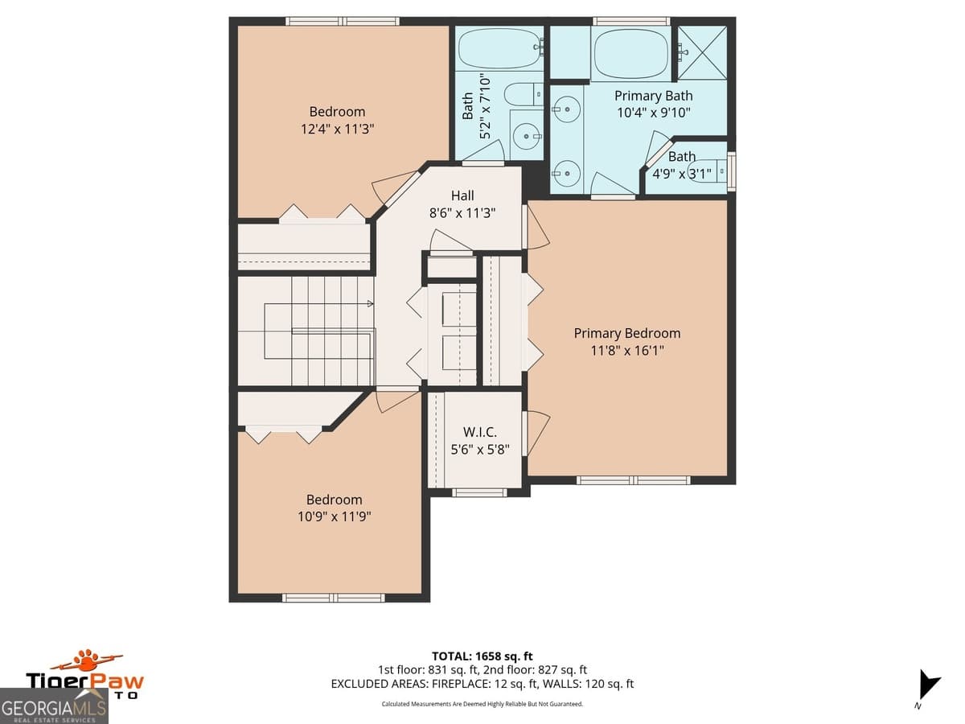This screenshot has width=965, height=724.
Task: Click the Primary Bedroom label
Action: (x=626, y=333)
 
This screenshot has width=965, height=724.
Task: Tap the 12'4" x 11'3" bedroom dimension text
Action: (x=337, y=129)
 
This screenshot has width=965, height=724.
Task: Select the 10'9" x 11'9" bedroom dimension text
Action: (x=334, y=516)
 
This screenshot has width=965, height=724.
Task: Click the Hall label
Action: (x=462, y=195)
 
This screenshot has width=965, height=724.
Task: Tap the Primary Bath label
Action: (x=653, y=96)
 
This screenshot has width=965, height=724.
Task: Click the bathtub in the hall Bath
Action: (x=499, y=48)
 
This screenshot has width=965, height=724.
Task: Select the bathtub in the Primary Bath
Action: (x=630, y=53)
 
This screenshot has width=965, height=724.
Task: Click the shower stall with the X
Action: (x=702, y=53)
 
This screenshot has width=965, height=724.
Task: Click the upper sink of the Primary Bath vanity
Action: (x=567, y=106)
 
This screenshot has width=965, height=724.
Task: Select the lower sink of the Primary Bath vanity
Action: (x=567, y=171)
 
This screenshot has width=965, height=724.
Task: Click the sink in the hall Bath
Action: (x=527, y=136)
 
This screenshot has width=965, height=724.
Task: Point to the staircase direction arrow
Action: (x=369, y=304)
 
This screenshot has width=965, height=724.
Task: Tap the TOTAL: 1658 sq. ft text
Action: (x=482, y=656)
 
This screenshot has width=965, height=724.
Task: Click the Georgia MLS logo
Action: (x=54, y=706)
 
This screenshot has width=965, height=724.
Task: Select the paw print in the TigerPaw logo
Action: (x=86, y=660)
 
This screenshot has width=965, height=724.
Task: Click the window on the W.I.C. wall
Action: (x=479, y=492)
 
